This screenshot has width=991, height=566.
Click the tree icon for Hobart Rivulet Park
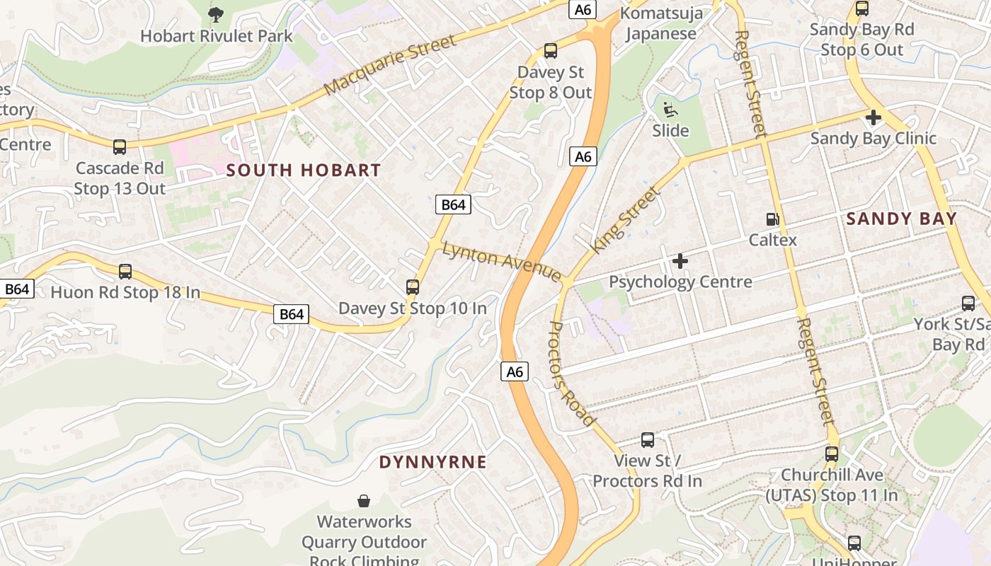click(x=217, y=13)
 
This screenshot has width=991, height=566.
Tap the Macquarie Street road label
click(x=390, y=64)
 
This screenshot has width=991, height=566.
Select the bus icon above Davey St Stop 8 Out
click(x=551, y=51)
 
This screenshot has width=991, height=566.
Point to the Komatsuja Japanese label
click(x=662, y=23)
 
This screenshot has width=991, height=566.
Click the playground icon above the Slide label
click(x=670, y=110)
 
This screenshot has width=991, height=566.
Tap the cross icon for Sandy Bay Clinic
click(x=873, y=117)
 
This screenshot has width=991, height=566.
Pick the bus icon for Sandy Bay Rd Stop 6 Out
click(x=862, y=8)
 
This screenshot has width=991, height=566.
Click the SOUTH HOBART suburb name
click(x=304, y=171)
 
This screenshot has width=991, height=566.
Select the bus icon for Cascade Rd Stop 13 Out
click(x=120, y=147)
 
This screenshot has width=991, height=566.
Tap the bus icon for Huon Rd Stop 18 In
click(x=125, y=271)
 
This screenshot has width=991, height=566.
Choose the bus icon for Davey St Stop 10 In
click(x=413, y=287)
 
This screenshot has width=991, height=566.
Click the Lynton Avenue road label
click(x=502, y=261)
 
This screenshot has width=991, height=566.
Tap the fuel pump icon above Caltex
click(x=773, y=219)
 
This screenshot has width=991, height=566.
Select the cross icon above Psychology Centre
click(x=680, y=261)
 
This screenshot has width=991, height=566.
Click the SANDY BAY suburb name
click(x=902, y=219)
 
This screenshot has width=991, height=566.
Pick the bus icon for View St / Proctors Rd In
click(x=648, y=440)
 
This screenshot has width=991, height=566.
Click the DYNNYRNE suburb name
click(x=433, y=463)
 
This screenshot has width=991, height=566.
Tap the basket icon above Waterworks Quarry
click(x=364, y=501)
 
